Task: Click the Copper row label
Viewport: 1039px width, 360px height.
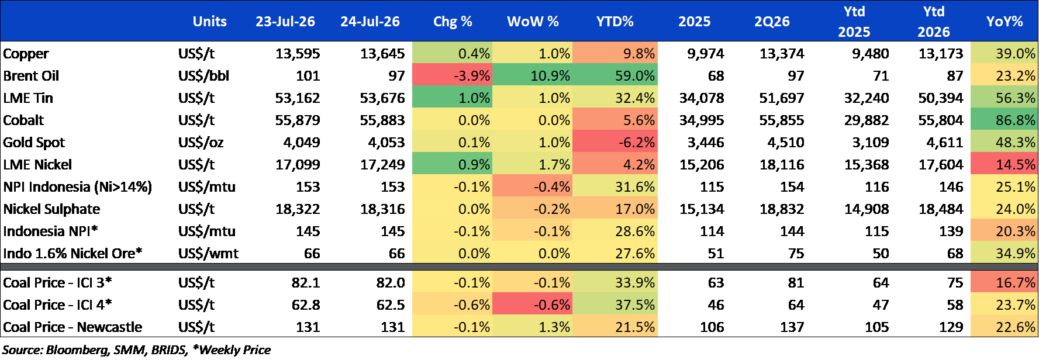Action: coord(26,54)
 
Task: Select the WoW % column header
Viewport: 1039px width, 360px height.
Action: coord(533,22)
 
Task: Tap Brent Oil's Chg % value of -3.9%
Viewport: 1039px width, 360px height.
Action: coord(472,76)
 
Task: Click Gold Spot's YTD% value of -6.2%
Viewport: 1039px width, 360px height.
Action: coord(635,143)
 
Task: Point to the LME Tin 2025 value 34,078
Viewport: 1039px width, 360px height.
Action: coord(702,98)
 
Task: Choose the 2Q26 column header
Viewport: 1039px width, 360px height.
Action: coord(772,22)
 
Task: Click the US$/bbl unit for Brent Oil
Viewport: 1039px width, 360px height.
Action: coord(203,76)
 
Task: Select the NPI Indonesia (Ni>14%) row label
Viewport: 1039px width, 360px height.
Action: coord(77,187)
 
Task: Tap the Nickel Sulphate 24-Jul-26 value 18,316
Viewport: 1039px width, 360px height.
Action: coord(382,209)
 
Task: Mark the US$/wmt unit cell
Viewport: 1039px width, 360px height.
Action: coord(208,254)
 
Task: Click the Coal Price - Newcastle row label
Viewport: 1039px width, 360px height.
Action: coord(73,327)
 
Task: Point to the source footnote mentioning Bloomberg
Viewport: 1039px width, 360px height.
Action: coord(137,350)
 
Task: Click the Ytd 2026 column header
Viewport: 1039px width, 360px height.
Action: coord(934,22)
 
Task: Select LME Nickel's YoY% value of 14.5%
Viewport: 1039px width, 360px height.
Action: coord(1016,165)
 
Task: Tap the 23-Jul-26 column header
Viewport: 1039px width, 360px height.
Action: coord(285,22)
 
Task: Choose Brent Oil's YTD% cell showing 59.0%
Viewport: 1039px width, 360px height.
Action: coord(635,76)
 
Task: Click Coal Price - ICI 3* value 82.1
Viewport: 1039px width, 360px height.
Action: coord(306,283)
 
